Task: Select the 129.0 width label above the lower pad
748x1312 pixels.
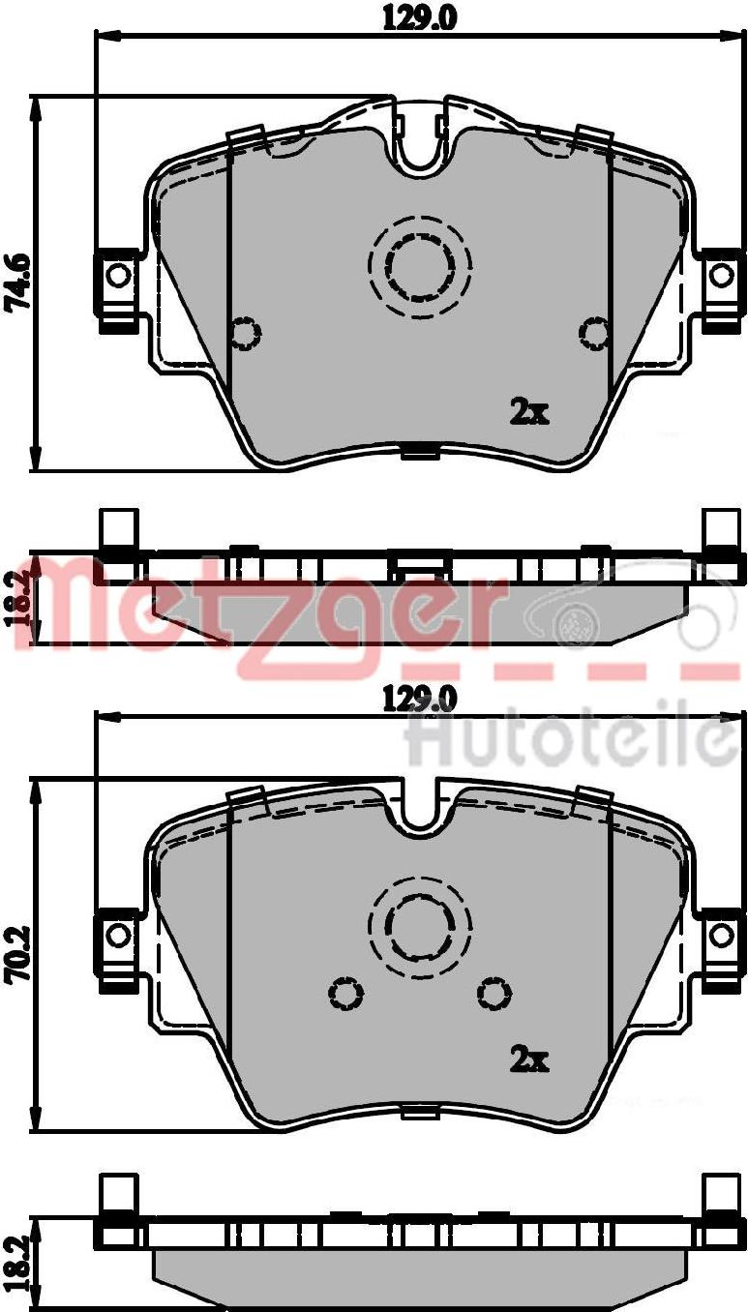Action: tap(418, 700)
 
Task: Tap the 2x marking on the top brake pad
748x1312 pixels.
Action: tap(529, 412)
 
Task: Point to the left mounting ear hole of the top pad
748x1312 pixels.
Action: tap(119, 275)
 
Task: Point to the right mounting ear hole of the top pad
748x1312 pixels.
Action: tap(721, 275)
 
